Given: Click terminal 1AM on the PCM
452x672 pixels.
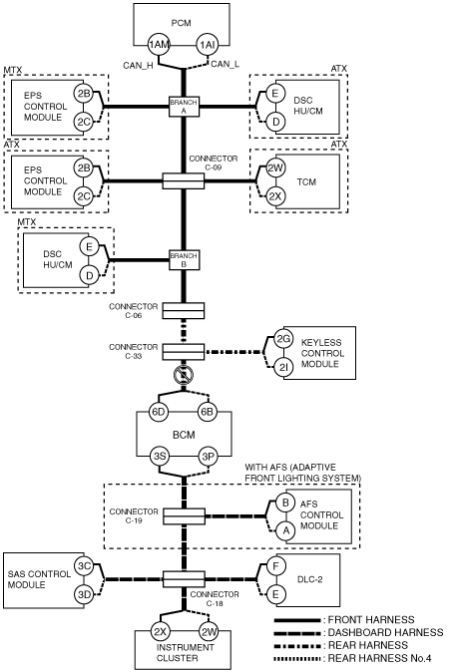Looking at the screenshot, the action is [x=159, y=45].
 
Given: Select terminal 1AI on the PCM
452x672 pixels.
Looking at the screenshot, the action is [x=208, y=45].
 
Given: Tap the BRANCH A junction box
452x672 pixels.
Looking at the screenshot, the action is [x=184, y=107].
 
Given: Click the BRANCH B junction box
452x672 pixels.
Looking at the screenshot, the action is [x=184, y=259].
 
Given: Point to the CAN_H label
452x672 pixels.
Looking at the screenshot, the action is [x=138, y=66].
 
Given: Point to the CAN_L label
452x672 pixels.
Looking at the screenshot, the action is [x=226, y=64].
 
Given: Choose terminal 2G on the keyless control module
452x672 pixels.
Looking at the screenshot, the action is [x=283, y=339].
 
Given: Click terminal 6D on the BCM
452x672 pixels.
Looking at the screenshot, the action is [x=159, y=412].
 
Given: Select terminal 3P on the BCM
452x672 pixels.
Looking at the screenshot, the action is [x=208, y=457].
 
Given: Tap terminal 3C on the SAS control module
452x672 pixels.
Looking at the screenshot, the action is [x=84, y=566].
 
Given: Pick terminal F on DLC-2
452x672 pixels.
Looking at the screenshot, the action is [x=275, y=566].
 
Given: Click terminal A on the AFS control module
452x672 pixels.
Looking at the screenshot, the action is [x=285, y=530].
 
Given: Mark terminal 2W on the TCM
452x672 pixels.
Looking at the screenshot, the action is [x=275, y=168].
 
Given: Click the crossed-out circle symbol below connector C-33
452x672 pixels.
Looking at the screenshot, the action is [x=184, y=376].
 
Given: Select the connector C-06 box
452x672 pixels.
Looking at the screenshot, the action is [x=184, y=310].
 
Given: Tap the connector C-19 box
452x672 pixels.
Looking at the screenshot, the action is [x=184, y=516].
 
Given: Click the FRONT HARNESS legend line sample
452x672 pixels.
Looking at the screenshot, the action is [x=297, y=620].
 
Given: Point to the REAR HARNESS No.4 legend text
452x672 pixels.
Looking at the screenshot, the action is [x=379, y=658].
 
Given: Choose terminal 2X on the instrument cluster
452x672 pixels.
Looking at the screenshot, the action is [x=161, y=631].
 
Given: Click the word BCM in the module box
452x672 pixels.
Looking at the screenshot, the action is [x=184, y=435].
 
